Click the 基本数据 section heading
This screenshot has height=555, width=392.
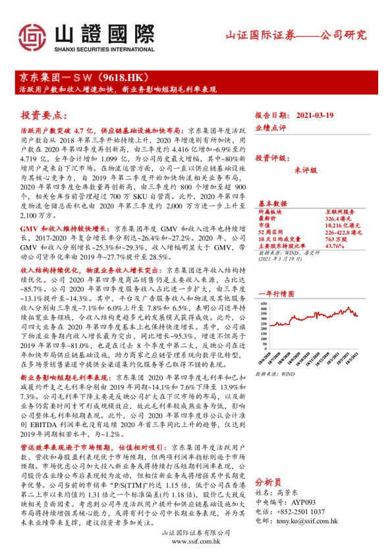[x=272, y=203]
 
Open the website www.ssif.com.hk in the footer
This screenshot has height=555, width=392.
[x=195, y=541]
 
